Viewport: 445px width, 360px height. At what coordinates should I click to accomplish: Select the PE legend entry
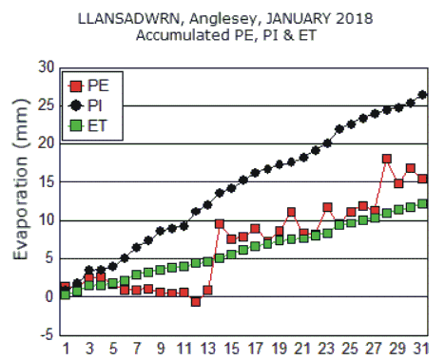(x=96, y=85)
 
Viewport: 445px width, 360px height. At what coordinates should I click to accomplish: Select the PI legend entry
(x=96, y=105)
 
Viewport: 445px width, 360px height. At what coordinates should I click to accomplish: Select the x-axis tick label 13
(x=207, y=348)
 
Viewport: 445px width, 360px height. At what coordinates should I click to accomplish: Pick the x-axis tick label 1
(x=66, y=348)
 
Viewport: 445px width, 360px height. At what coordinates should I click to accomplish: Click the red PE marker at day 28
(x=387, y=159)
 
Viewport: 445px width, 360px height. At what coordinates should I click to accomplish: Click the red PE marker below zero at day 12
(x=196, y=301)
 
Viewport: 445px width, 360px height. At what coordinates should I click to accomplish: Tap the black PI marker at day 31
(x=422, y=95)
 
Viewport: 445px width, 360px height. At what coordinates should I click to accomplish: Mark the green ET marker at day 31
(x=422, y=203)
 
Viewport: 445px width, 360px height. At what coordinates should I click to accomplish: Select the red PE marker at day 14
(x=220, y=223)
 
